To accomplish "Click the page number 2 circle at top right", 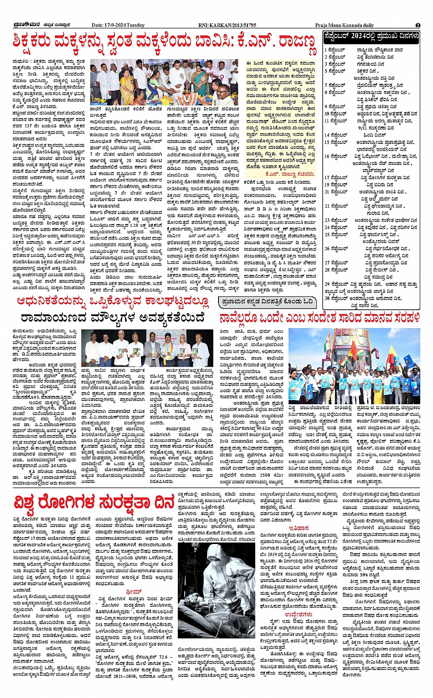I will pos(418,25).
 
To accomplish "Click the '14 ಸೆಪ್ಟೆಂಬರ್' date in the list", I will pos(335,135).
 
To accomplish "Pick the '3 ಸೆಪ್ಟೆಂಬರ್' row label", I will pos(335,64).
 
